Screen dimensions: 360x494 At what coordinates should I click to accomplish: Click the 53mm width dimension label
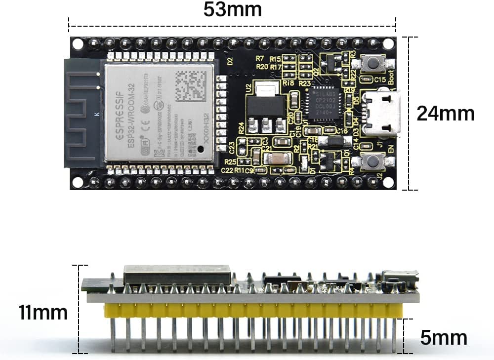point(232,10)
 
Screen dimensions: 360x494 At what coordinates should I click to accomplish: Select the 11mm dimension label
point(43,312)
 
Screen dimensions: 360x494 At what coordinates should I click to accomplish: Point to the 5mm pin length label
point(444,338)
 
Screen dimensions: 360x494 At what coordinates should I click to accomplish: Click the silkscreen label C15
point(380,80)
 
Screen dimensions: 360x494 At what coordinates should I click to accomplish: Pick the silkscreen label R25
point(230,161)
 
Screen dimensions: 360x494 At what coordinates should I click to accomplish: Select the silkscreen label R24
point(242,128)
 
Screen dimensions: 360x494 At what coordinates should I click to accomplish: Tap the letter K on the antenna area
point(96,115)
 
